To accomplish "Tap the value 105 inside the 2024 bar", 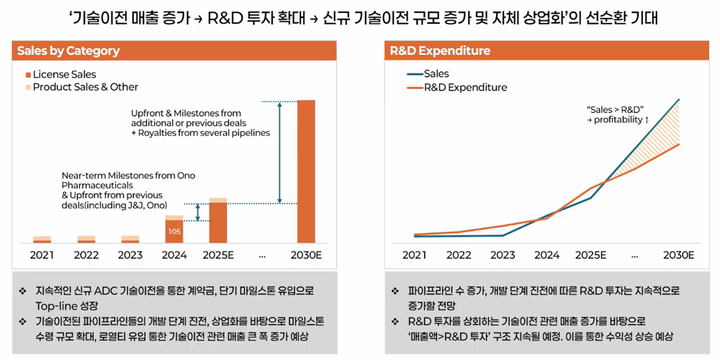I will (x=174, y=231).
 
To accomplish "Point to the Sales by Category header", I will (x=68, y=51).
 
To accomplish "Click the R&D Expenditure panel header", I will (x=440, y=51).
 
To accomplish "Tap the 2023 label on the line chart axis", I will (x=503, y=255).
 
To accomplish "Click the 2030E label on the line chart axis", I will (x=678, y=255).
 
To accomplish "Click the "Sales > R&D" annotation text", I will (x=616, y=108).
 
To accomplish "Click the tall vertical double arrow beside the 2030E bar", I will (x=280, y=152).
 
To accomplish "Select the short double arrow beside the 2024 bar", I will (x=198, y=212).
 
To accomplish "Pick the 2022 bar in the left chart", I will (x=86, y=239).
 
